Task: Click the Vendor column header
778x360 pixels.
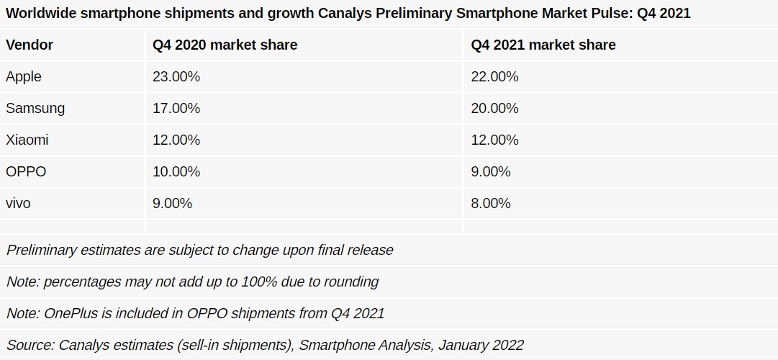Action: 30,45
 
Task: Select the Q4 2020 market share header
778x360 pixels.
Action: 225,45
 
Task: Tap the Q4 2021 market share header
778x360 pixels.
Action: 543,45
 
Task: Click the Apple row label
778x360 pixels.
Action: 24,76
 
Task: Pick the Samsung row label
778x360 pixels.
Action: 35,108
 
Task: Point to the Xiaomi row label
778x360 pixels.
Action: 27,140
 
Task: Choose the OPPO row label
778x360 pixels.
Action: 26,171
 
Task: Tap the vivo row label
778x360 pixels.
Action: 18,203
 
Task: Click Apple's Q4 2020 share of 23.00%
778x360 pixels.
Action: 176,76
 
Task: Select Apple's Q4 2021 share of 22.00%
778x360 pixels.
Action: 494,76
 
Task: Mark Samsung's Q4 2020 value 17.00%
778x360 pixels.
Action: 176,108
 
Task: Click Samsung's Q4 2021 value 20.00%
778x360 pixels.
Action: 494,108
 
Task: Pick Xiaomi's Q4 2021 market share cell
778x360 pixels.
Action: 494,140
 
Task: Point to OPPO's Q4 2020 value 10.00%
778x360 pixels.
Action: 176,171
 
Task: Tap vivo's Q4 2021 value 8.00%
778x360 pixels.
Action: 491,203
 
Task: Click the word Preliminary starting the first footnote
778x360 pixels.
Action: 42,250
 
